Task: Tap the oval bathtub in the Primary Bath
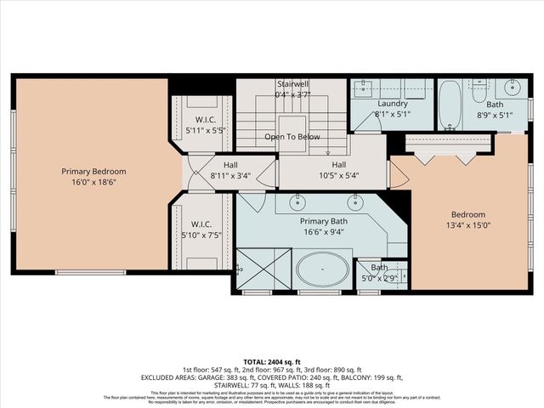click(x=322, y=272)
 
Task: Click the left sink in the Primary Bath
click(x=299, y=202)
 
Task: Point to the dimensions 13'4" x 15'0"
click(x=467, y=225)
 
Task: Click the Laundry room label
click(x=392, y=103)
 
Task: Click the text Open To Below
click(x=292, y=137)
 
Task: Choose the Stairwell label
click(x=292, y=84)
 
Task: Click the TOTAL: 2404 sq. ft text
click(x=272, y=361)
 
